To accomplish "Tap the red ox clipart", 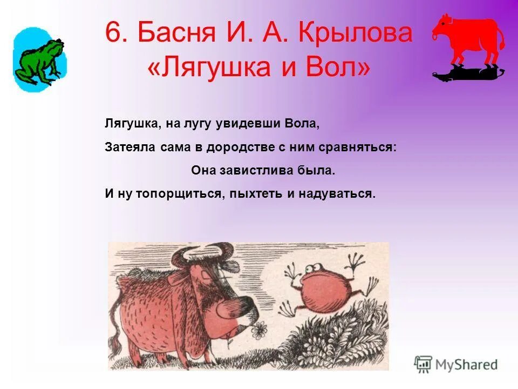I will pyautogui.click(x=468, y=39).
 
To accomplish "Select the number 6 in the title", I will pyautogui.click(x=113, y=33).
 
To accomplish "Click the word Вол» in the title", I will pyautogui.click(x=340, y=68).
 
